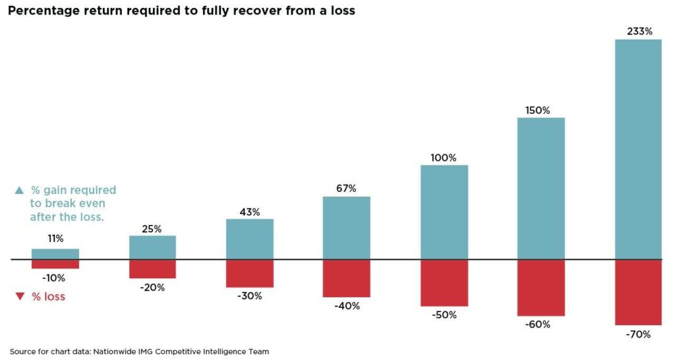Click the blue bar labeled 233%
(638, 149)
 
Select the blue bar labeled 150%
(541, 189)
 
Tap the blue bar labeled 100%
(444, 212)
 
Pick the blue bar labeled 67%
(346, 227)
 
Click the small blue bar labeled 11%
(55, 254)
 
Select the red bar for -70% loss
(638, 292)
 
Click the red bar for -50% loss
(444, 283)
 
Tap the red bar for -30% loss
(249, 273)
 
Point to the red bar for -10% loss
(55, 264)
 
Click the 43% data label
(249, 212)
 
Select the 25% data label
(152, 229)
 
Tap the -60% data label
(541, 324)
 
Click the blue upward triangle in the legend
(19, 191)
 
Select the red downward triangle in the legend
(19, 297)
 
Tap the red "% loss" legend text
(48, 297)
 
